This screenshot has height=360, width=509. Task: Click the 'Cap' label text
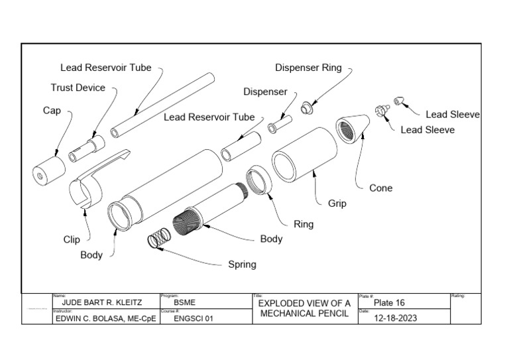52,111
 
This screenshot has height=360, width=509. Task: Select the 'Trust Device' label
78,88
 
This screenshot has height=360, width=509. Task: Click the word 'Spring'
242,264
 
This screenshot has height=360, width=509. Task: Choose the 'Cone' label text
380,188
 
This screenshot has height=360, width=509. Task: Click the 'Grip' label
337,204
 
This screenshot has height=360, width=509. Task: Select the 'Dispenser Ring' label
308,68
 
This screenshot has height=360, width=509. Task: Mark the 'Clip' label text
72,240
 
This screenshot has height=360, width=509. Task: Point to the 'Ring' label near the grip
304,224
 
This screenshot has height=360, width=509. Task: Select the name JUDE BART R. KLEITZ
100,303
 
